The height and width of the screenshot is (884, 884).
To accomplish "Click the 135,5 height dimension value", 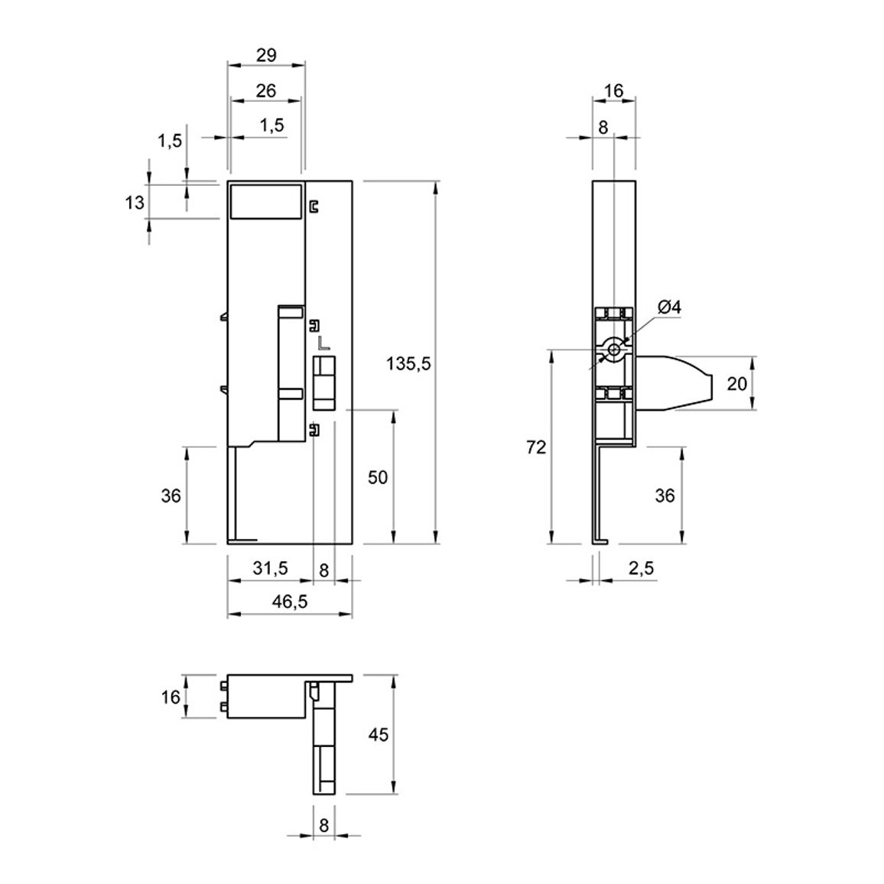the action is coord(408,364).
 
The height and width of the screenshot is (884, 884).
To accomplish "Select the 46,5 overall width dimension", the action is coord(290,602).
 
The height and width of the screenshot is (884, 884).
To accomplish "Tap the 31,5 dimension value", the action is coord(270,567).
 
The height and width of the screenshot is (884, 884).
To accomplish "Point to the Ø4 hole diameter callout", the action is coord(669,307).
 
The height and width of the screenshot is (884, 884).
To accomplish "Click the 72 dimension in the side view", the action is coord(536,447).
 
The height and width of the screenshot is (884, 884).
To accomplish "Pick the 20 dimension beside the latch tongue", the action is coord(736,383).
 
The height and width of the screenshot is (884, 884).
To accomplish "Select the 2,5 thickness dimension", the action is coord(641,567).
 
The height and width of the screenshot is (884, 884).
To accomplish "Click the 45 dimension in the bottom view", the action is coord(379,735).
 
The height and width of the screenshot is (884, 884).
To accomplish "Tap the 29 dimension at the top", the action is coord(266,55).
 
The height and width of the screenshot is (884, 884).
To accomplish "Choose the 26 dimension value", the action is coord(266,90).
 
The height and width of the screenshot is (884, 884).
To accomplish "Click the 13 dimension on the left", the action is coord(135,202).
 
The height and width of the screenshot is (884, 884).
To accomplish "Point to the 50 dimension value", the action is coord(378,477).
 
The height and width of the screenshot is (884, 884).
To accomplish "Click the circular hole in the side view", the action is coord(614,350).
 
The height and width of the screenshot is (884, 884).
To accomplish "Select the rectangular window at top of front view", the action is coord(266,200).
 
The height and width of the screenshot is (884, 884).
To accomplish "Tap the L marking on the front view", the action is coord(323,343).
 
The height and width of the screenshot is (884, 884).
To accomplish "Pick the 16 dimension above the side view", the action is coord(613,90).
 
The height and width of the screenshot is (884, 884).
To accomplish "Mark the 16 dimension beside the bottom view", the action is coord(171,697).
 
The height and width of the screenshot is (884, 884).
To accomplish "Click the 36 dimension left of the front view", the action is coord(171,496).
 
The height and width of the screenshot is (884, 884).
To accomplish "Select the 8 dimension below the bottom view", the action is coord(323,825).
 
